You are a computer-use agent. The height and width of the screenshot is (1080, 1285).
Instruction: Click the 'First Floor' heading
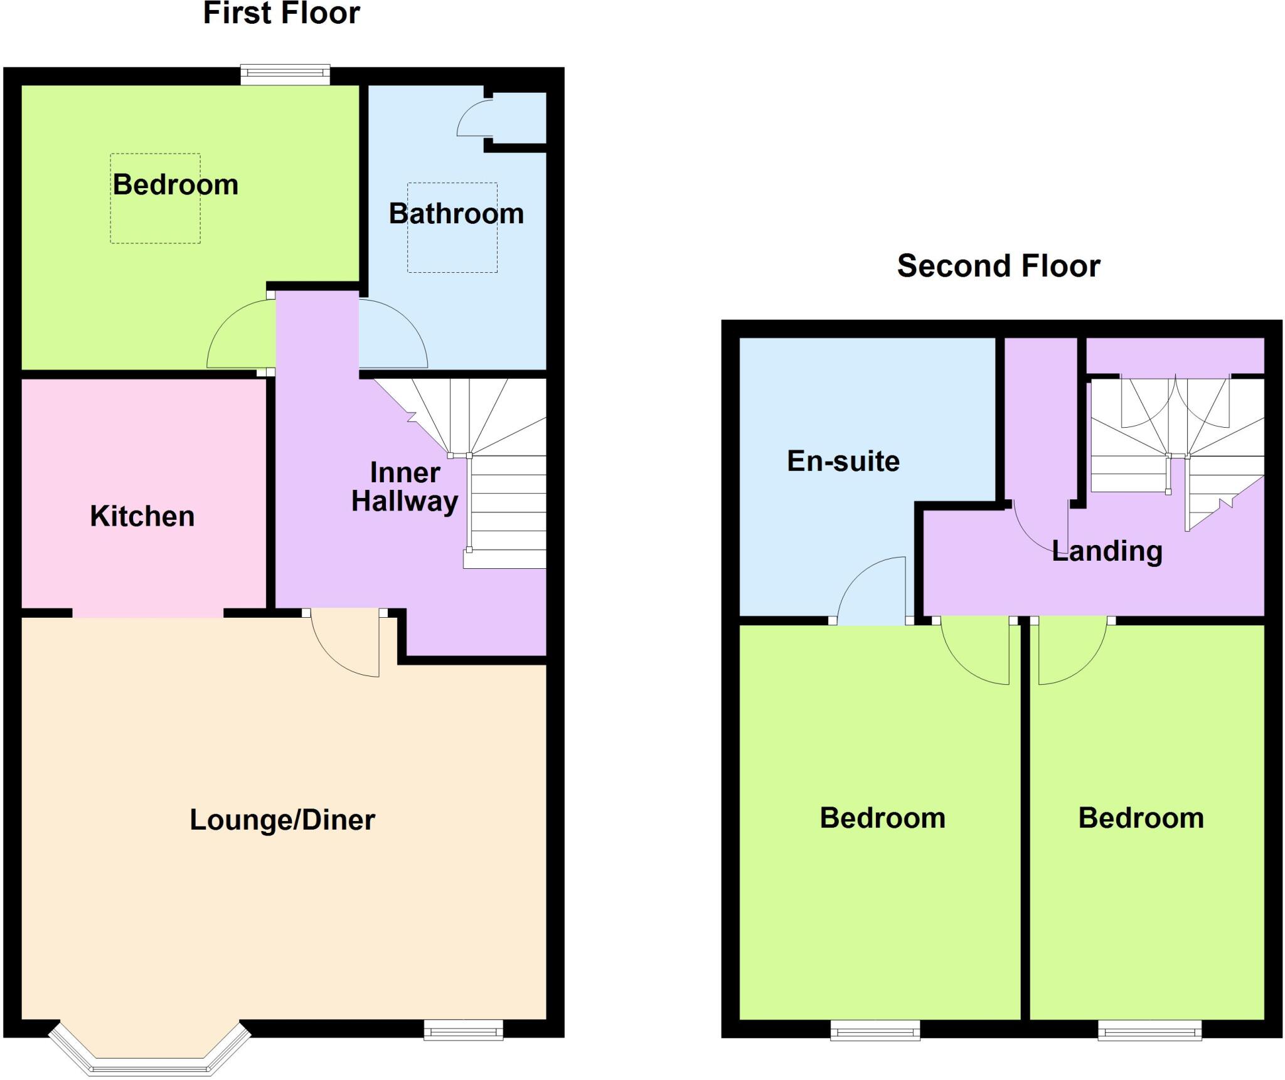tap(282, 14)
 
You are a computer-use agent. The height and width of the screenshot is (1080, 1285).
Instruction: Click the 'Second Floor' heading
tap(998, 266)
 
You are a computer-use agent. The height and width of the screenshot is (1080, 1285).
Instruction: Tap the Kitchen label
tap(142, 516)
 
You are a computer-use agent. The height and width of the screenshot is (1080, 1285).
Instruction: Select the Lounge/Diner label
tap(282, 820)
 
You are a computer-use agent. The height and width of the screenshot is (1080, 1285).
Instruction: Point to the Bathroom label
tap(456, 214)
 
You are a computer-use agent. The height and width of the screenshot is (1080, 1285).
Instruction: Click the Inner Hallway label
tap(405, 487)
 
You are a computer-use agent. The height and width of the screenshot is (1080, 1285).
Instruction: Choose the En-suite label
tap(843, 461)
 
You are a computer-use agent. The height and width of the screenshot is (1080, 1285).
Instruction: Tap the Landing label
tap(1107, 551)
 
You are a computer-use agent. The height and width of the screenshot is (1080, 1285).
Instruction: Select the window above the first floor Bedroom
tap(285, 75)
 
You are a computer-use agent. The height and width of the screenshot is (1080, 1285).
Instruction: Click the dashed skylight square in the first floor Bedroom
tap(156, 198)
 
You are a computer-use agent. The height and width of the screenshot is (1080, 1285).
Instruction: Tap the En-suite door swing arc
tap(872, 590)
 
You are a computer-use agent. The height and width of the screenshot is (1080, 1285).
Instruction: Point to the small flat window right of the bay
tap(463, 1030)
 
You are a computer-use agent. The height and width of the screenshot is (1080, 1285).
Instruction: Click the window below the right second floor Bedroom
tap(1149, 1030)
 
